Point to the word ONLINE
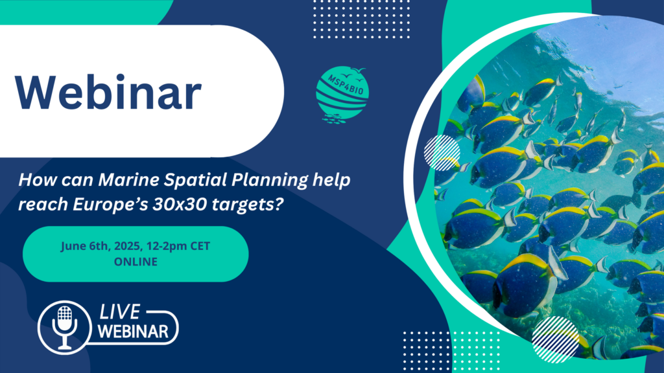pyautogui.click(x=135, y=262)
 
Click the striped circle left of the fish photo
pyautogui.click(x=442, y=153)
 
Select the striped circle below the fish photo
pyautogui.click(x=555, y=339)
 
